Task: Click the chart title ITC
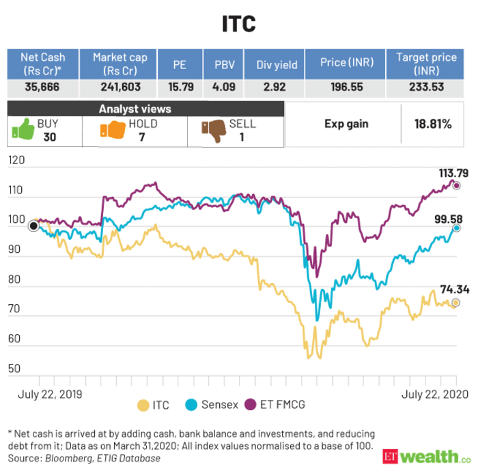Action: tap(238, 24)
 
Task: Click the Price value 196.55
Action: tap(345, 88)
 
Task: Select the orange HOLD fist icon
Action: tap(112, 129)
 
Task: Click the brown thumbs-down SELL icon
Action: tap(214, 129)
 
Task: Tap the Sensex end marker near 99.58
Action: tap(456, 228)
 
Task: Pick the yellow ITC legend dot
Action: tap(143, 405)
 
